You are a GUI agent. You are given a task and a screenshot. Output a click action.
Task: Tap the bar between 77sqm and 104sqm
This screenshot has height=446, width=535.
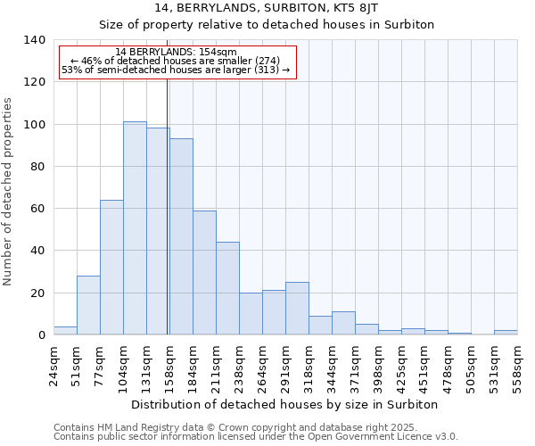pos(111,268)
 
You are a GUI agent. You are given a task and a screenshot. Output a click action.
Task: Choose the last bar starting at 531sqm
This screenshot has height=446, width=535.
pos(506,333)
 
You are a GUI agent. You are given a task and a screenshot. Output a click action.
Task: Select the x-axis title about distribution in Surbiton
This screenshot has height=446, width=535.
pos(284,404)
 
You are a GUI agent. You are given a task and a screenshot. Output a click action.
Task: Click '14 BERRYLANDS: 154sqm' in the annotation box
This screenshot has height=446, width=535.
pos(177,53)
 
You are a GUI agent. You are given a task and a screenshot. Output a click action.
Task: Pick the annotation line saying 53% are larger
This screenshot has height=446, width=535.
pos(176,70)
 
